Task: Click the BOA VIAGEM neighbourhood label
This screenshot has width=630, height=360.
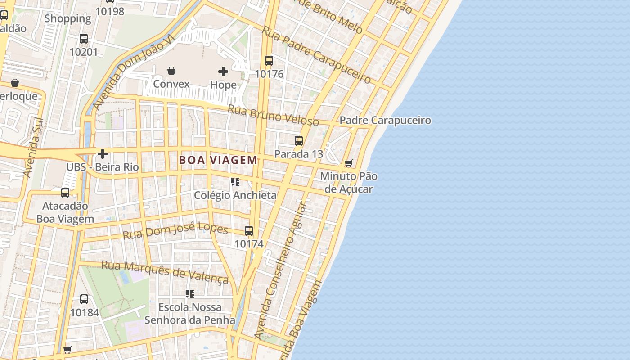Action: [x=218, y=160]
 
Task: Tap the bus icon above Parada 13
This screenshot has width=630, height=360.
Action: [x=299, y=141]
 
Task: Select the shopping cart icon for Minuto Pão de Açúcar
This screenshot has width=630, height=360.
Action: [x=349, y=163]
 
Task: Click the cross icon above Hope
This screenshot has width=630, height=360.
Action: [x=223, y=72]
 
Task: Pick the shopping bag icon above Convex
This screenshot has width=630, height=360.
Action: [x=171, y=71]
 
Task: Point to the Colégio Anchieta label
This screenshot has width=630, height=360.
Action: [x=235, y=195]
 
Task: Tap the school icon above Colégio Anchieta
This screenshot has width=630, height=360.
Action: [x=235, y=182]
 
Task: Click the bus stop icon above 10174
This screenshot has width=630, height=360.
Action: [x=249, y=231]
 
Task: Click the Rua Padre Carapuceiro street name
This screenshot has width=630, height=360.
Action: [x=316, y=55]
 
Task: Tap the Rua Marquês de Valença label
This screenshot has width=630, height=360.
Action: [x=165, y=271]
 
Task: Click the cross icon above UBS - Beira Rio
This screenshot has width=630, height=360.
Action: [x=103, y=154]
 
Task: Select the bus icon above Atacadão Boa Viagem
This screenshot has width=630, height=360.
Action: [x=65, y=193]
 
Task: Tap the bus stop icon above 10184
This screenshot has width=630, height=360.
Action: [x=84, y=299]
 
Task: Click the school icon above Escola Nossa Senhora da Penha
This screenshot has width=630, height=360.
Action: [x=190, y=294]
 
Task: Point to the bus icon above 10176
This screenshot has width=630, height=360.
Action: [x=269, y=61]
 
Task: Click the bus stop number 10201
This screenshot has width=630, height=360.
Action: [x=83, y=52]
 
